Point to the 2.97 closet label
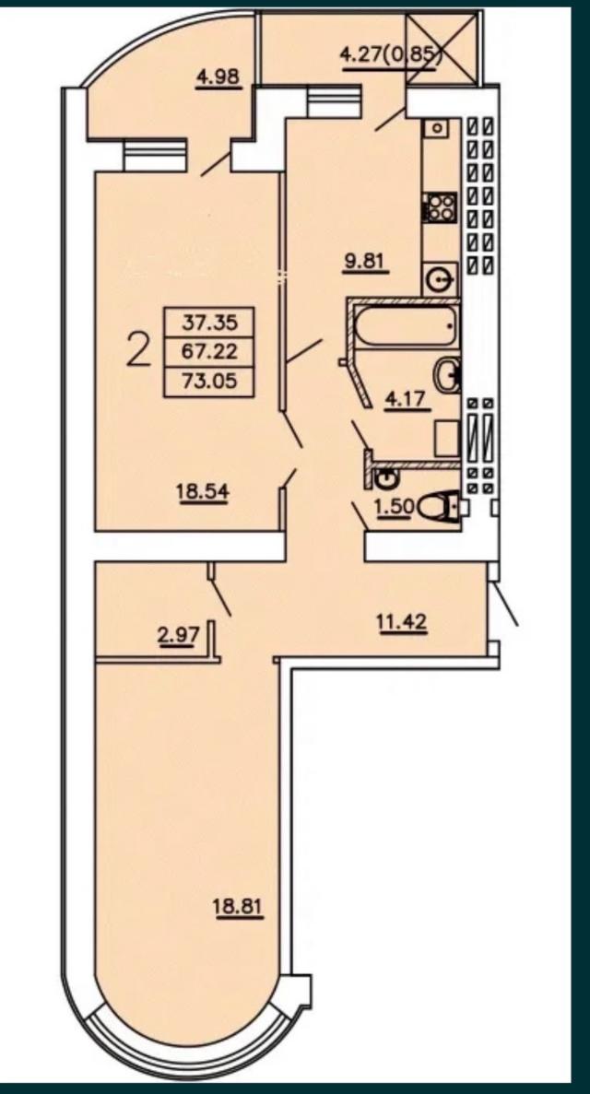click(x=180, y=636)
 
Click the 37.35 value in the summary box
click(x=208, y=323)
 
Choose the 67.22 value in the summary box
click(x=208, y=352)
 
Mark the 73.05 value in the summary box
click(x=208, y=382)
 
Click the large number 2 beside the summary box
click(x=138, y=351)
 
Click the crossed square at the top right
click(x=443, y=47)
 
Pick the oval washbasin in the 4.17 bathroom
click(x=447, y=375)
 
